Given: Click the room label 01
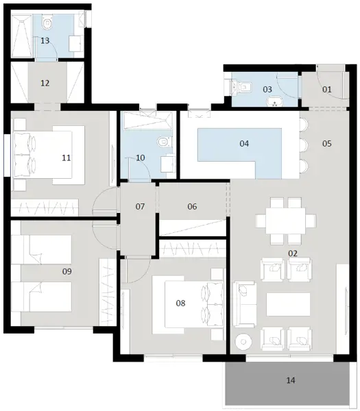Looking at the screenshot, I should (x=326, y=89).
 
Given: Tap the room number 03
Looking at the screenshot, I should (x=267, y=89).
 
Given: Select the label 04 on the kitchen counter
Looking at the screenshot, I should (x=243, y=143).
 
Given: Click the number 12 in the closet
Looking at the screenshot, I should (x=45, y=84).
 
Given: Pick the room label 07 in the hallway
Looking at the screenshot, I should (x=140, y=206).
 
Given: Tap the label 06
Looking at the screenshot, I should (x=192, y=206).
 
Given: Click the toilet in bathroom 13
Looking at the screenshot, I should (x=47, y=25).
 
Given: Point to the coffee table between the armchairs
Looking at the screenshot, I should (x=288, y=303).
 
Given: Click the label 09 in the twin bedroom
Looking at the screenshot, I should (x=67, y=272).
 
